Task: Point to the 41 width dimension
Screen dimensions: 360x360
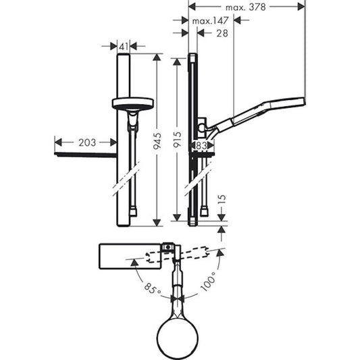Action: tap(123, 46)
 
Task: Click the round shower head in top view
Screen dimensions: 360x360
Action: tap(180, 333)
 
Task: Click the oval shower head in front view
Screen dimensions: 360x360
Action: tap(132, 104)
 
